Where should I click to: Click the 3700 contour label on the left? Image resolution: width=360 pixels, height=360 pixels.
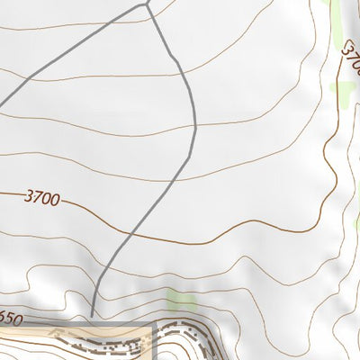[42, 197]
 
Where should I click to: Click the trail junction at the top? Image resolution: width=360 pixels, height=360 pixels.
[146, 5]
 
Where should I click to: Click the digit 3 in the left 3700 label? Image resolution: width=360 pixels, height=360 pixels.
[29, 195]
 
